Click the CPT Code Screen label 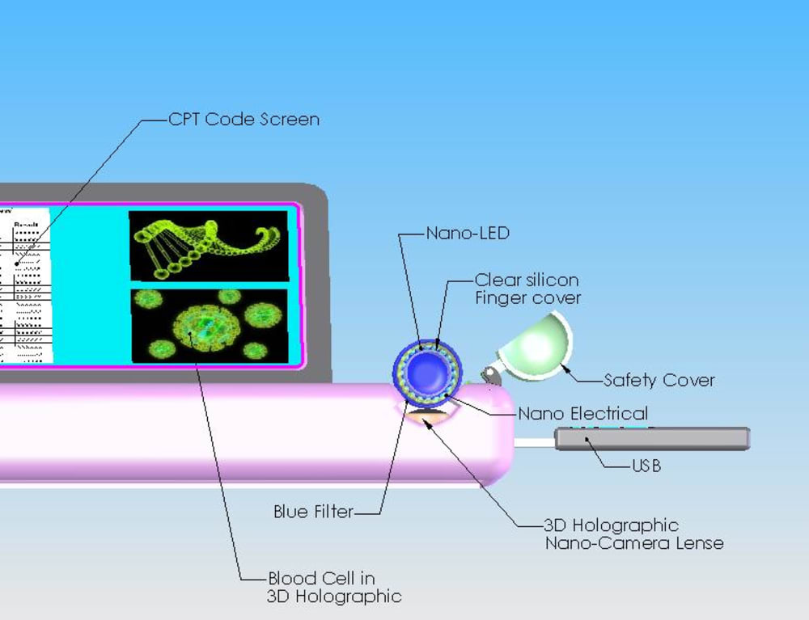pos(244,120)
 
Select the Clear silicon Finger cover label pos(527,289)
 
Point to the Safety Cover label pos(659,380)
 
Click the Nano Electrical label pos(582,414)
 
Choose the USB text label pos(646,466)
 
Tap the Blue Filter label pos(313,512)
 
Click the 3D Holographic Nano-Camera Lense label pos(633,534)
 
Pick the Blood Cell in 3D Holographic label pos(333,588)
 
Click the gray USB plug pos(652,438)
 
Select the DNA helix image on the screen pos(208,245)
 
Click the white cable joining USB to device pos(534,442)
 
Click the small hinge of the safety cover pos(489,373)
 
